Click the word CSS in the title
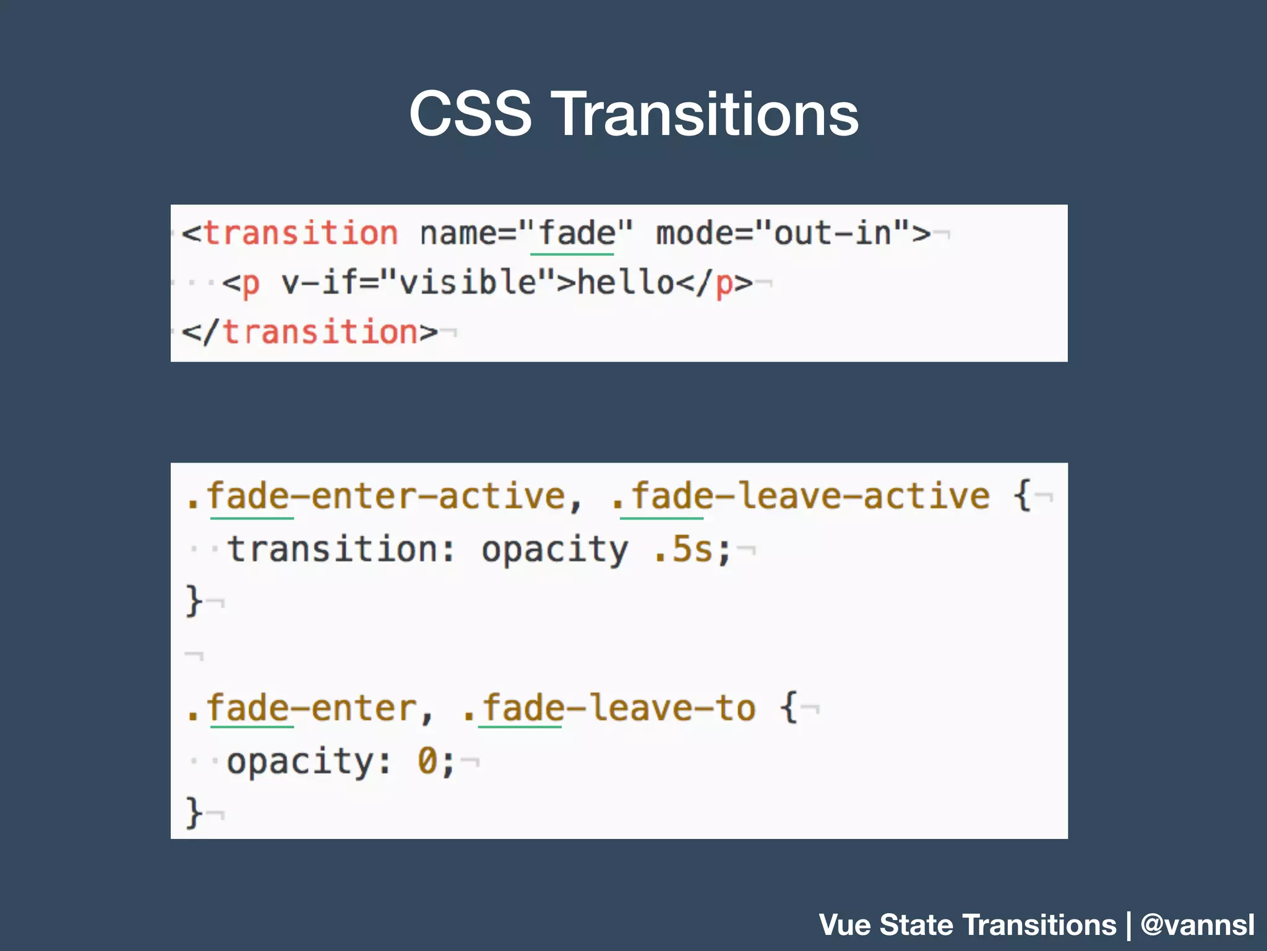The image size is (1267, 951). [x=470, y=114]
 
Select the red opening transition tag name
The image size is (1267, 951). [x=301, y=234]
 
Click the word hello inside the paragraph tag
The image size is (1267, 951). [x=625, y=284]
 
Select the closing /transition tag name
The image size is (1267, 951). [x=319, y=332]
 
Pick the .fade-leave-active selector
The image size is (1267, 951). [x=801, y=497]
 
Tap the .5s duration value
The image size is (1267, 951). [x=684, y=550]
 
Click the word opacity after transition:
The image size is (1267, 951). [x=554, y=550]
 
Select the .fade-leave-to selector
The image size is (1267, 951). [x=609, y=708]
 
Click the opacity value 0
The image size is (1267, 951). [x=427, y=761]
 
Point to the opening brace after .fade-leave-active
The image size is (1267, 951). [x=1022, y=497]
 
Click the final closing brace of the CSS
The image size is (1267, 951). [x=194, y=813]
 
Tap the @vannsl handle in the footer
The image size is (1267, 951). [x=1198, y=925]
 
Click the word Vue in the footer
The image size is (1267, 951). [x=845, y=925]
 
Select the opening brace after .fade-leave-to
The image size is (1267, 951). [x=789, y=708]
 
